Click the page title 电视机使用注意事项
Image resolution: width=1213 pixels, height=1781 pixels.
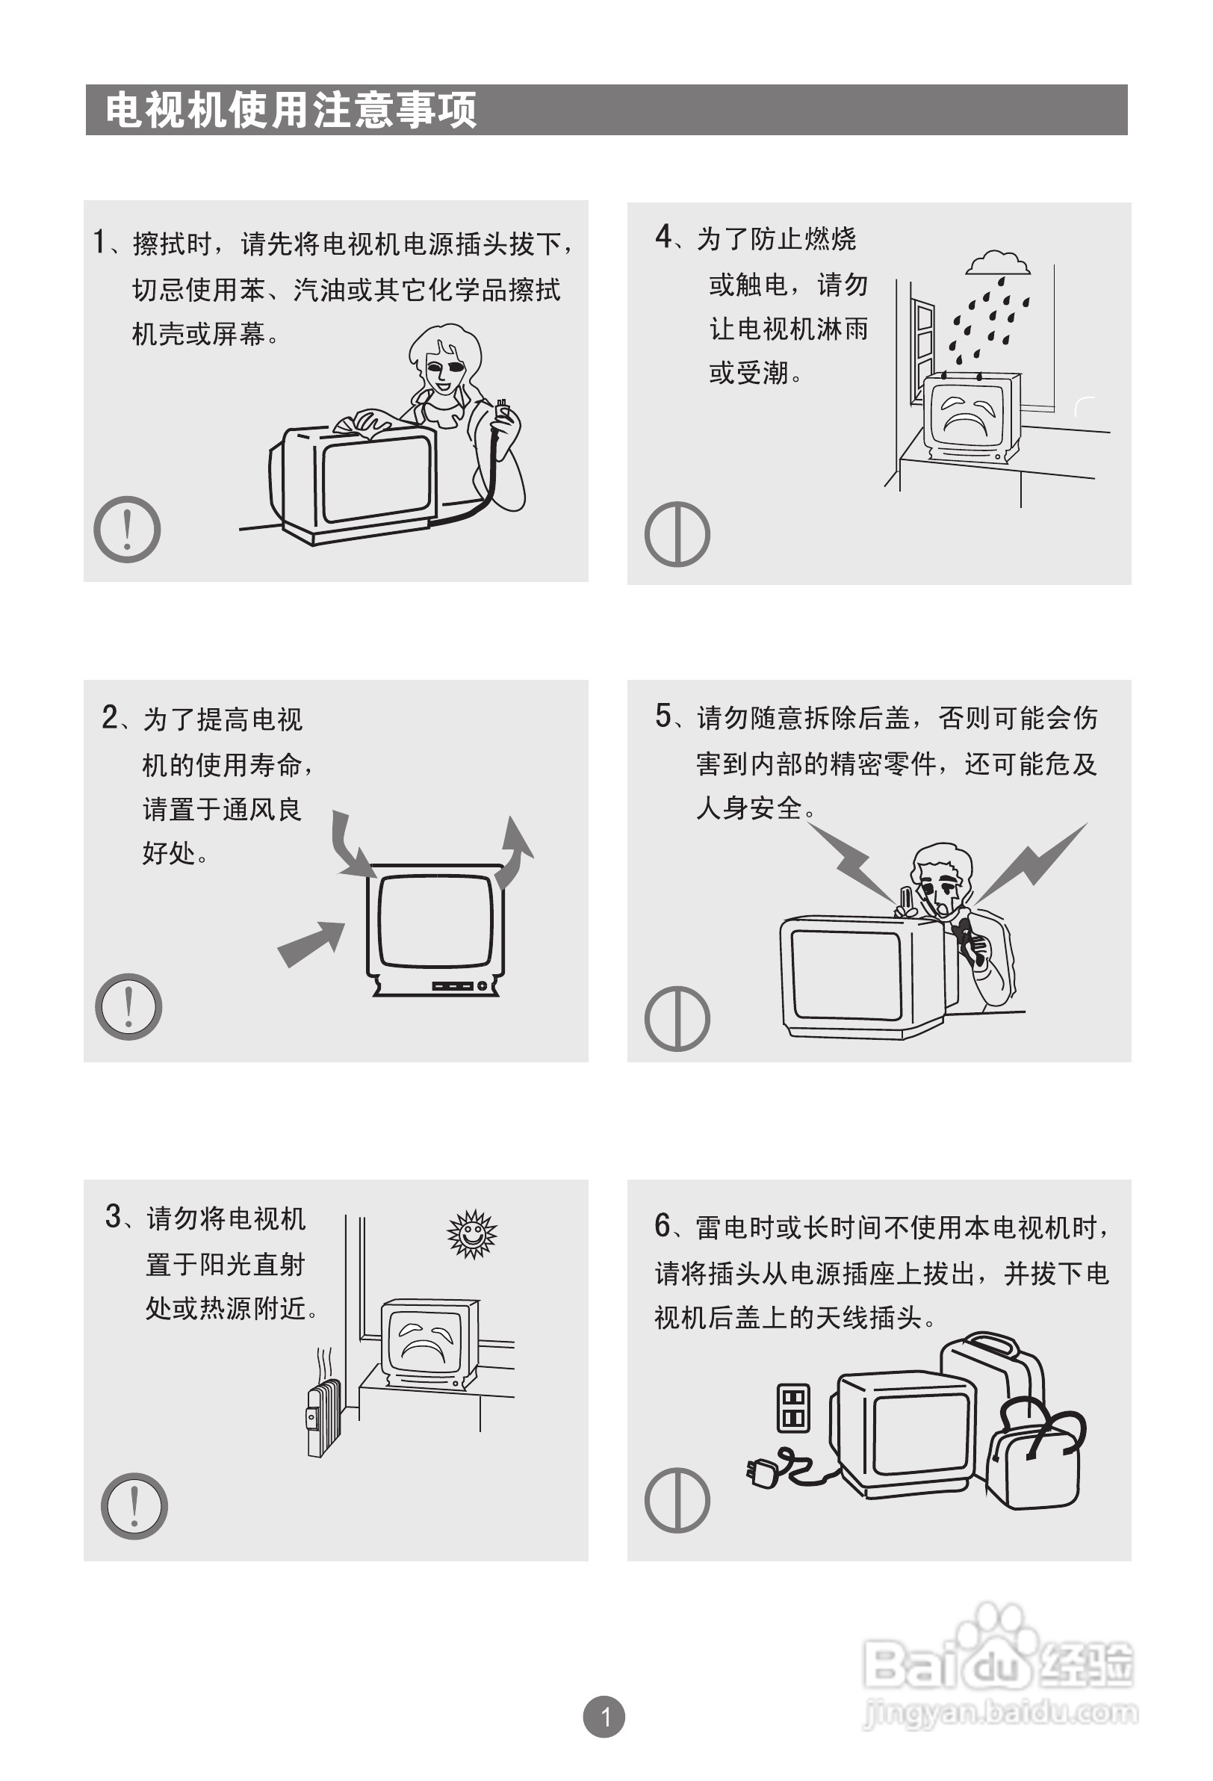(x=291, y=110)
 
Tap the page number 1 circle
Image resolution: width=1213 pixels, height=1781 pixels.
(x=604, y=1717)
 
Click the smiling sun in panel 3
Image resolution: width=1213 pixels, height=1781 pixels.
(x=472, y=1234)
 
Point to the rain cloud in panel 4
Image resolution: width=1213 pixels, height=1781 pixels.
(x=998, y=263)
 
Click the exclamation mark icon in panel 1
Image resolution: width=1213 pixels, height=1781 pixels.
(x=127, y=529)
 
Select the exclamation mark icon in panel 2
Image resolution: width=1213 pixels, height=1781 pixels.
(x=128, y=1006)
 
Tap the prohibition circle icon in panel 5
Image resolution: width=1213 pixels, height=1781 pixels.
(x=677, y=1018)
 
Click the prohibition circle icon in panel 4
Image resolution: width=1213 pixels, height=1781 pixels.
(x=677, y=534)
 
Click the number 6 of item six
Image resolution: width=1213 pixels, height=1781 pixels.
(x=663, y=1227)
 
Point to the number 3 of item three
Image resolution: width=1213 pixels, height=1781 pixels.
(x=114, y=1217)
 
